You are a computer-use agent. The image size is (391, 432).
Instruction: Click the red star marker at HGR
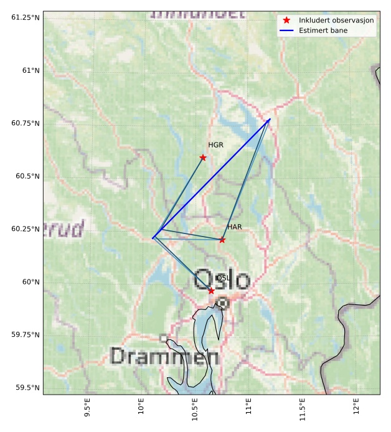pyautogui.click(x=203, y=157)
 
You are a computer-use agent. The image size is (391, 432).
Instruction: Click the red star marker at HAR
pyautogui.click(x=222, y=240)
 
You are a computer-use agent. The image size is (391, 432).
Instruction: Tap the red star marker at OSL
pyautogui.click(x=211, y=291)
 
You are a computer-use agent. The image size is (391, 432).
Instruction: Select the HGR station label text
pyautogui.click(x=215, y=145)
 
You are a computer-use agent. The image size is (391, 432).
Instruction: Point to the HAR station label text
pyautogui.click(x=234, y=227)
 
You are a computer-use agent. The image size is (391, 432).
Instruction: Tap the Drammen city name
pyautogui.click(x=164, y=357)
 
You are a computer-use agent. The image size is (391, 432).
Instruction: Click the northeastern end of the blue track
pyautogui.click(x=270, y=119)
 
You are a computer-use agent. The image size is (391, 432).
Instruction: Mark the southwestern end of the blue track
pyautogui.click(x=153, y=238)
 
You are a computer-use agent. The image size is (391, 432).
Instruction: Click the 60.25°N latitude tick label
pyautogui.click(x=25, y=229)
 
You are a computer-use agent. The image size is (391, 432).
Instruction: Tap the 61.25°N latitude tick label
pyautogui.click(x=25, y=17)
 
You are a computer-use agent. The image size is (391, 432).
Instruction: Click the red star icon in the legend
pyautogui.click(x=286, y=20)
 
